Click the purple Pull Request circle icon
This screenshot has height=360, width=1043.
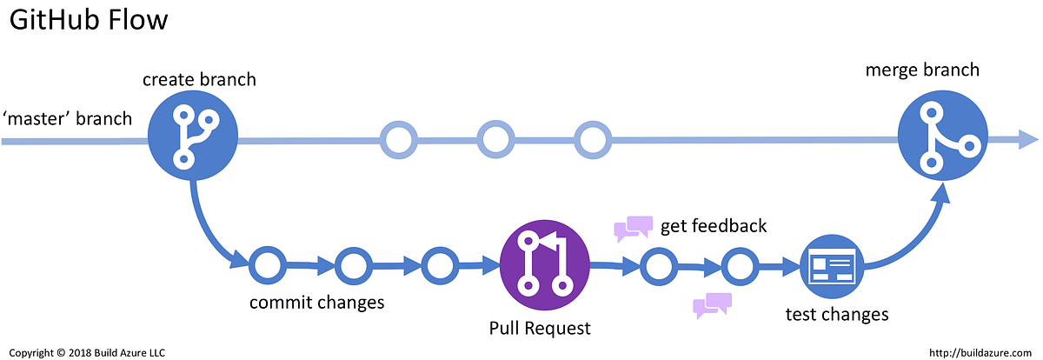pyautogui.click(x=545, y=263)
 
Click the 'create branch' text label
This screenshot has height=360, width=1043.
pyautogui.click(x=200, y=79)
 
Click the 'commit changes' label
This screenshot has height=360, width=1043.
pyautogui.click(x=316, y=303)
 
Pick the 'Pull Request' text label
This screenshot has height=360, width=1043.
pyautogui.click(x=540, y=328)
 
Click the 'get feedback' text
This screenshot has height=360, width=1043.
pyautogui.click(x=714, y=226)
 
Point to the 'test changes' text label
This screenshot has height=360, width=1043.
pyautogui.click(x=836, y=314)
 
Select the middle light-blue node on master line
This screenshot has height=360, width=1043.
pyautogui.click(x=495, y=139)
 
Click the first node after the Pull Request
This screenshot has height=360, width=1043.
pyautogui.click(x=658, y=266)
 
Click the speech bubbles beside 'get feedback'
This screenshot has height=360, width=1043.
pyautogui.click(x=633, y=227)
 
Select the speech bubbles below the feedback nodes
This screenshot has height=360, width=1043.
pyautogui.click(x=711, y=305)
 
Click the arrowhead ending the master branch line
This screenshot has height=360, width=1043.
pyautogui.click(x=1028, y=139)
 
